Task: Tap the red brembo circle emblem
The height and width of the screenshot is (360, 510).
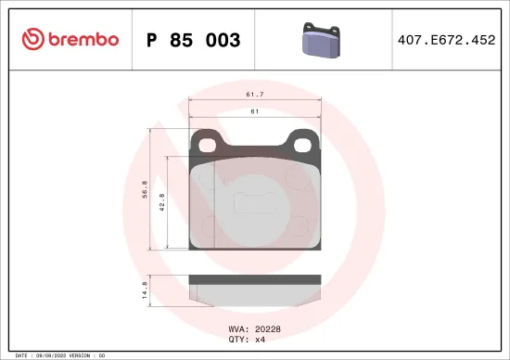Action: click(x=32, y=39)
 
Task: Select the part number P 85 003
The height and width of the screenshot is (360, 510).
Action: click(x=193, y=40)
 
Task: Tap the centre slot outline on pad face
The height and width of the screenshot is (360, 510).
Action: click(x=254, y=201)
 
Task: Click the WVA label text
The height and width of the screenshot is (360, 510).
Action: click(x=236, y=327)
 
